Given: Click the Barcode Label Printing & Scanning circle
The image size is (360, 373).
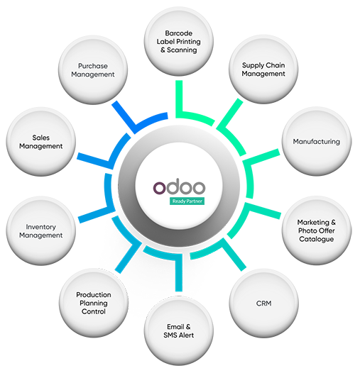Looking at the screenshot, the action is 179,42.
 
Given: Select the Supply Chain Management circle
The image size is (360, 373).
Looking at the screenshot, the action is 263,69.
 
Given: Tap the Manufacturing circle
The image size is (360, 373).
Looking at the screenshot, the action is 317,142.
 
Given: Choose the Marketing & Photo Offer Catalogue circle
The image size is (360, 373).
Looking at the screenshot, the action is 317,230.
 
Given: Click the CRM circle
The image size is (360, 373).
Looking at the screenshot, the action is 263,304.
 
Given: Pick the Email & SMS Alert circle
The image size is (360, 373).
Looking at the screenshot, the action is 179,331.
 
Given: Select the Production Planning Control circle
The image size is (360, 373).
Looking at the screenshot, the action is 94,303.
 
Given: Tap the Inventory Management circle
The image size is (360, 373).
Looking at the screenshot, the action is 41,230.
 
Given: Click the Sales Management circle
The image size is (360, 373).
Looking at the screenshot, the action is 41,142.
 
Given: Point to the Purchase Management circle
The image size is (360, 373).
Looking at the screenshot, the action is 93,70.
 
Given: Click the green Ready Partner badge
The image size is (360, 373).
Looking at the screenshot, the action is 187,201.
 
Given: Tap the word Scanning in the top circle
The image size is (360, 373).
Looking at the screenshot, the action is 182,50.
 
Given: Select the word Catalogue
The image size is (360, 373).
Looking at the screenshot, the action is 317,239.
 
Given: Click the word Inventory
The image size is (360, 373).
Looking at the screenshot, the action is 41,227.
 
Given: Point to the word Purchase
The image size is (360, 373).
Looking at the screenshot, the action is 93,66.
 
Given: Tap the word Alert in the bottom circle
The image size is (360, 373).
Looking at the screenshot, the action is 186,335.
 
